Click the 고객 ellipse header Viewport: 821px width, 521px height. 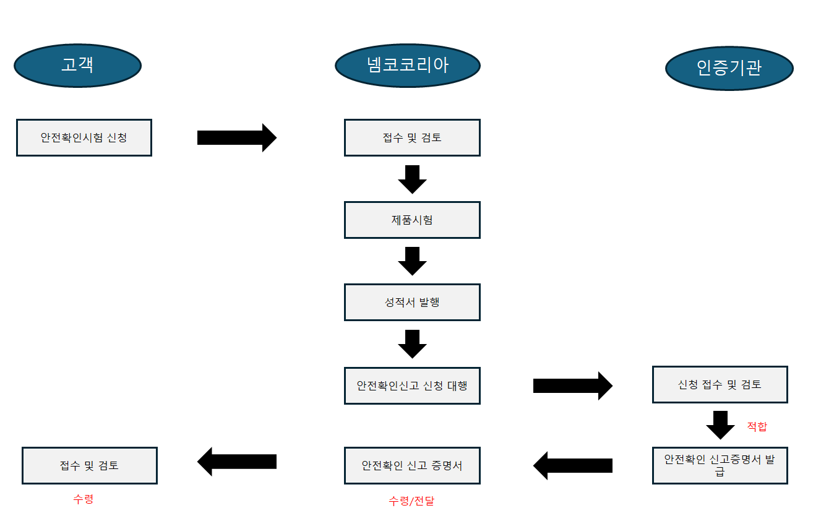pyautogui.click(x=77, y=65)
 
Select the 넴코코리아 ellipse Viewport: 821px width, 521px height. pyautogui.click(x=408, y=65)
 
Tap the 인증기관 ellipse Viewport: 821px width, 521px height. pyautogui.click(x=729, y=67)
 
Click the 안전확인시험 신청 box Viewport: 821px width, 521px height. pyautogui.click(x=84, y=137)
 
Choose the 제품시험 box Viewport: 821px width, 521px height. pyautogui.click(x=412, y=220)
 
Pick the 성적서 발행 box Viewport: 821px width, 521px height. pyautogui.click(x=412, y=302)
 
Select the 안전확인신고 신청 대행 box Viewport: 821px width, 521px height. pyautogui.click(x=412, y=385)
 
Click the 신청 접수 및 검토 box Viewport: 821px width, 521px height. pyautogui.click(x=720, y=384)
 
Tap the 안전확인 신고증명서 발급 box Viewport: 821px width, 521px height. pyautogui.click(x=720, y=465)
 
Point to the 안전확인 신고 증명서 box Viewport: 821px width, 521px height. pyautogui.click(x=412, y=465)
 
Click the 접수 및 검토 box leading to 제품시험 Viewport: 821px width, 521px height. pyautogui.click(x=412, y=137)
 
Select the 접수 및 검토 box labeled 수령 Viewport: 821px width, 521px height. pyautogui.click(x=90, y=465)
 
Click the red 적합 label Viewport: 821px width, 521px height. pyautogui.click(x=757, y=426)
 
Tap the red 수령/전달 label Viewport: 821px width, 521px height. pyautogui.click(x=411, y=501)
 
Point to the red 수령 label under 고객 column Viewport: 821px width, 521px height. pyautogui.click(x=83, y=499)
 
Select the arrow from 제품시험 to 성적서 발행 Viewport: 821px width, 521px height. pyautogui.click(x=412, y=260)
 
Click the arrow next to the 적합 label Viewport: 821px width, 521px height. pyautogui.click(x=720, y=424)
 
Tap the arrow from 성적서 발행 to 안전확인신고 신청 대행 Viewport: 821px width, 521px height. pyautogui.click(x=412, y=343)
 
